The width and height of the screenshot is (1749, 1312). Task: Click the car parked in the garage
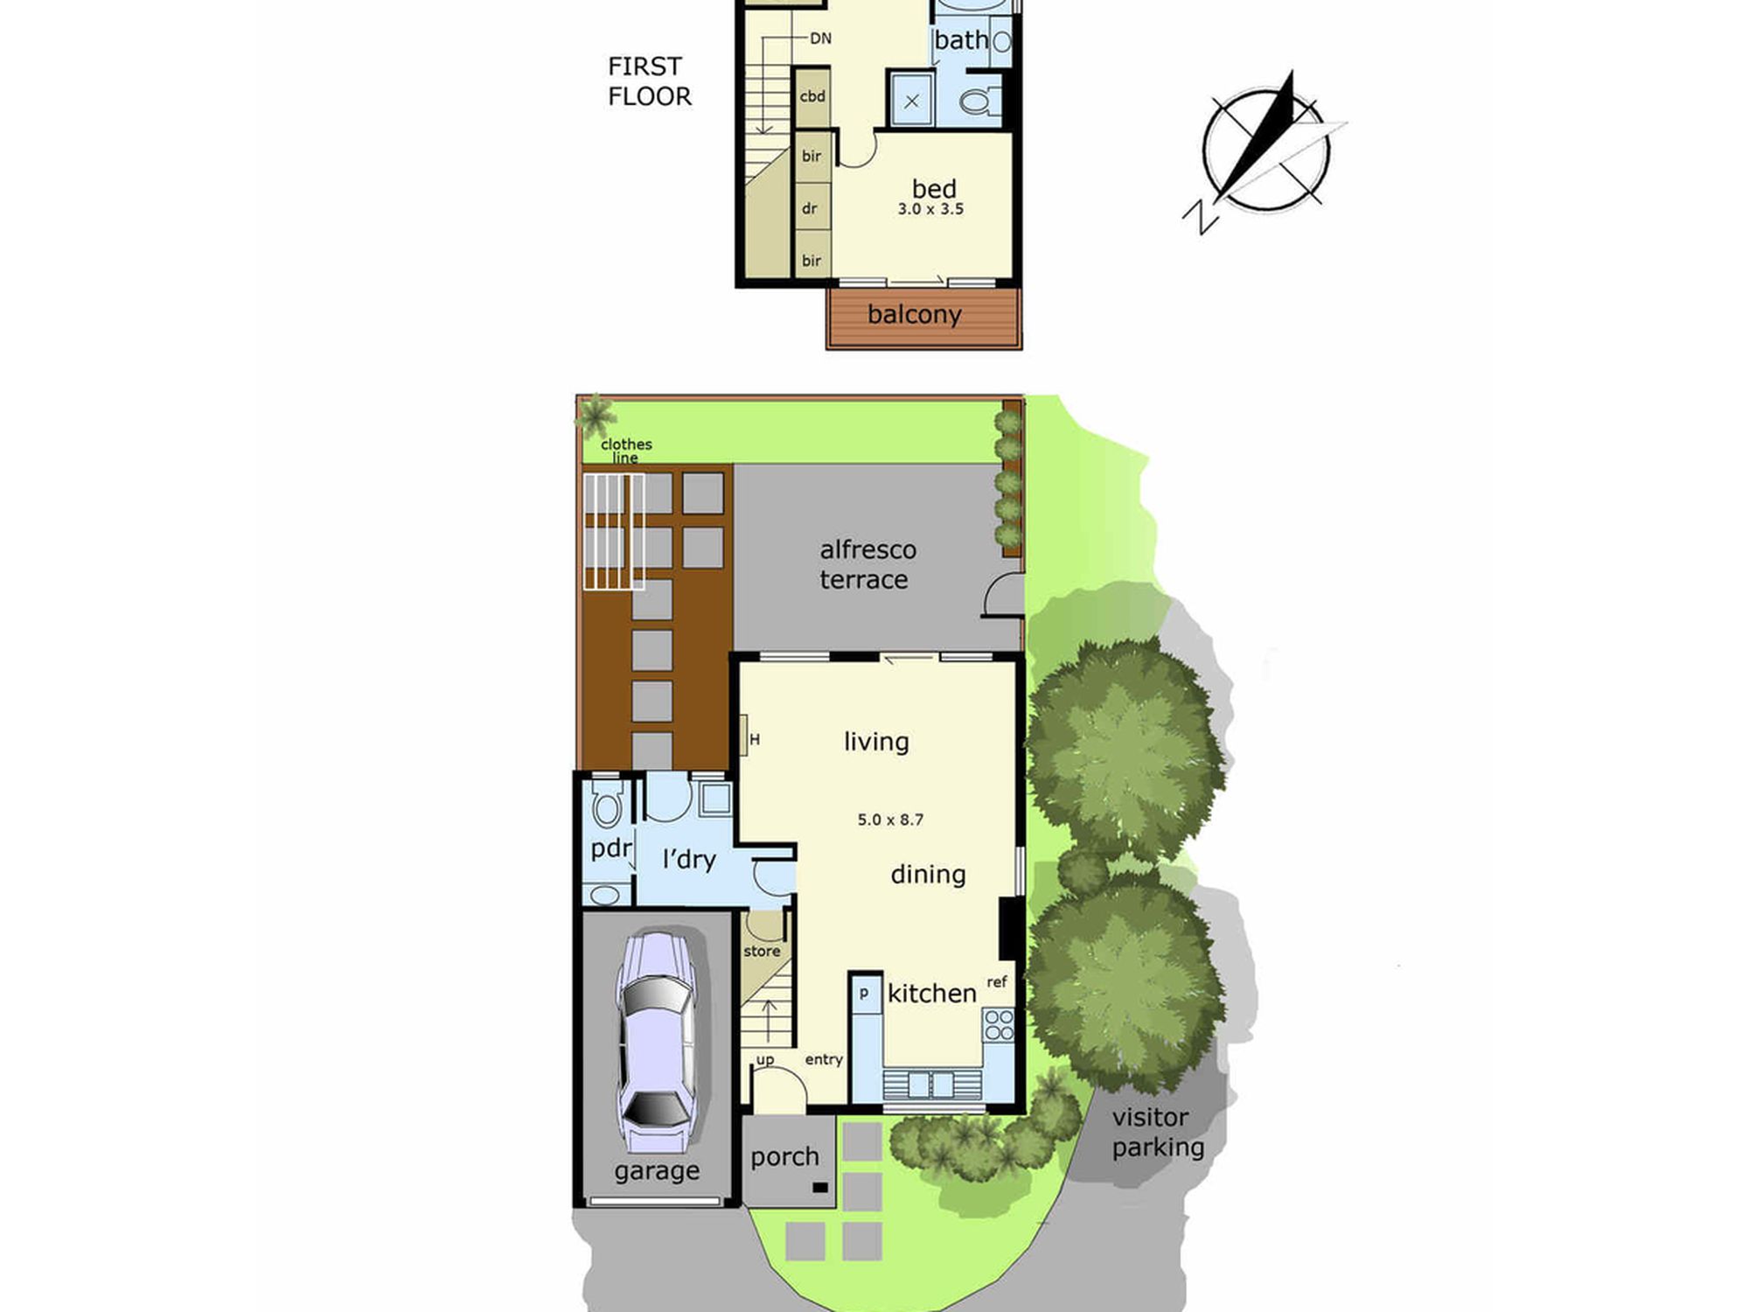(657, 1041)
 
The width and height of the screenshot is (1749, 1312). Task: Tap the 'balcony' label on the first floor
(914, 315)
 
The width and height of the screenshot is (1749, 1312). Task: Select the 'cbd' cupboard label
(812, 96)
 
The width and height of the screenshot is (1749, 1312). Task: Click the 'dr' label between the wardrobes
(810, 208)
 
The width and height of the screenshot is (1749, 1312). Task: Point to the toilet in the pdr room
(608, 802)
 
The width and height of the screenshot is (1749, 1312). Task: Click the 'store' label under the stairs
(762, 951)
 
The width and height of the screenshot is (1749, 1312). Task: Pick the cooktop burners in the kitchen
(999, 1025)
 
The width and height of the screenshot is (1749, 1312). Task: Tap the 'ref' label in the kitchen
(997, 982)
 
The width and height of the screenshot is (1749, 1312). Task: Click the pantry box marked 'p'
(865, 994)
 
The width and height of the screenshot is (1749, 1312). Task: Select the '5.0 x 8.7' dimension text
(890, 820)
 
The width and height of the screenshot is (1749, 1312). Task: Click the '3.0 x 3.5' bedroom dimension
(930, 209)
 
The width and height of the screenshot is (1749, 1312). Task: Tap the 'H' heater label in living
(755, 739)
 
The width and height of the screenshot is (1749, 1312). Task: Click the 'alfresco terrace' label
(868, 564)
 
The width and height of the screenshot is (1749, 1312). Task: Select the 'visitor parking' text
(1158, 1132)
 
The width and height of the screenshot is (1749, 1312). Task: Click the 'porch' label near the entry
(784, 1157)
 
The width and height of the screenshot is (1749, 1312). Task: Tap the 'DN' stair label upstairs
(820, 38)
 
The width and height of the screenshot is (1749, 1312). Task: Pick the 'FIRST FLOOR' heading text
(649, 81)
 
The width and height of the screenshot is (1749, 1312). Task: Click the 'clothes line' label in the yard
(626, 450)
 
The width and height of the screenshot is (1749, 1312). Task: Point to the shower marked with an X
(911, 101)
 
